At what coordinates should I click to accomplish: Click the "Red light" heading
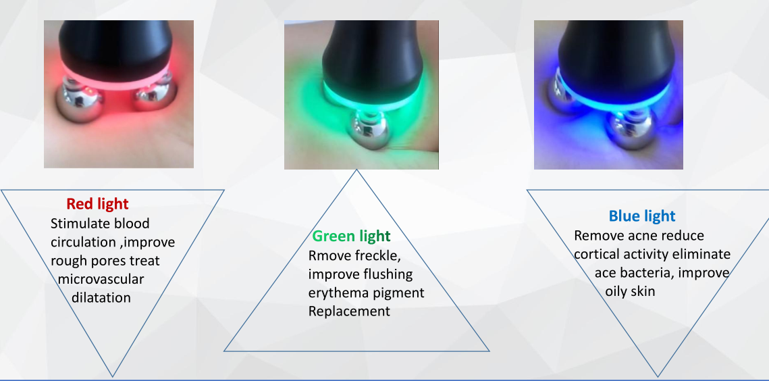(x=97, y=204)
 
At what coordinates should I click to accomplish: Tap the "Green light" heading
(x=352, y=236)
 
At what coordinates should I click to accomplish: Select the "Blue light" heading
(x=642, y=216)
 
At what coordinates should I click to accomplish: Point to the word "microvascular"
(x=101, y=280)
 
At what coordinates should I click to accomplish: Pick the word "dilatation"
(x=101, y=297)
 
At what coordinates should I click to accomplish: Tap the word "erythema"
(x=332, y=293)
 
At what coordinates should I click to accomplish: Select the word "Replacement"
(x=349, y=311)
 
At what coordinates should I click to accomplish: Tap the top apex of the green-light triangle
(x=356, y=170)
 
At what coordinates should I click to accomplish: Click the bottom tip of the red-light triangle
(x=112, y=376)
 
